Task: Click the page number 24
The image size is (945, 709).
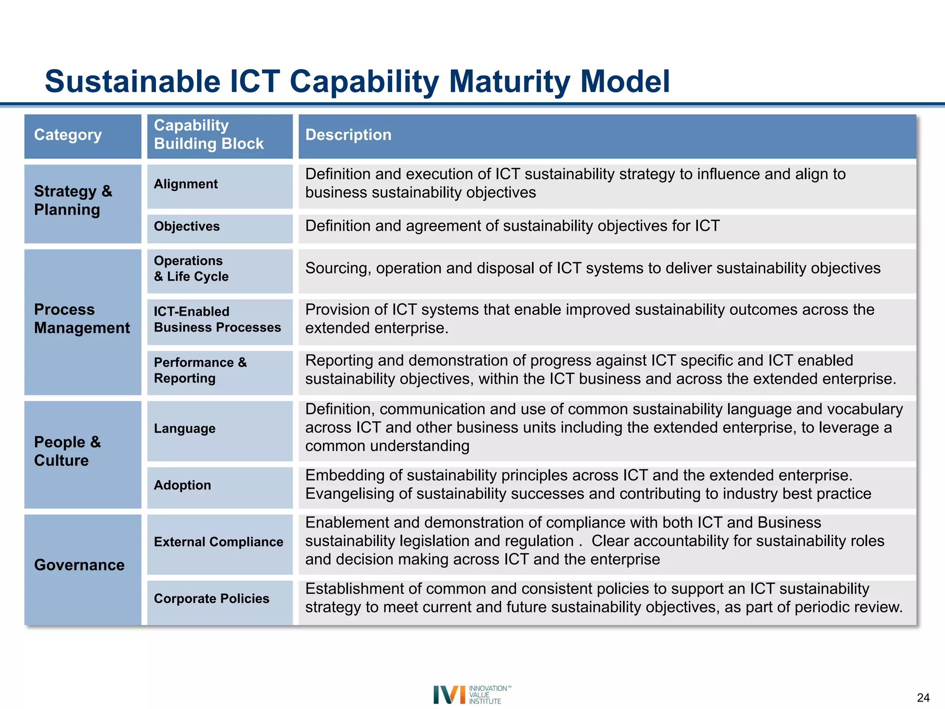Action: (x=923, y=697)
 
